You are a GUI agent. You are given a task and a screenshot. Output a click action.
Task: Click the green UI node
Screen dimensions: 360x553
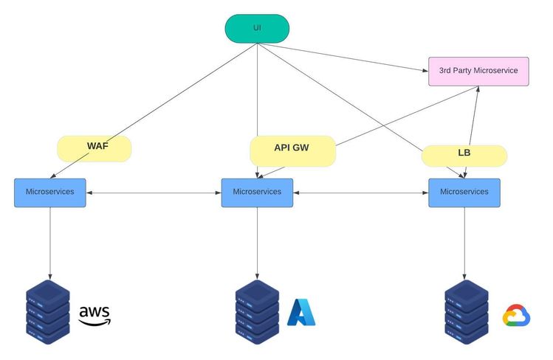[x=257, y=29]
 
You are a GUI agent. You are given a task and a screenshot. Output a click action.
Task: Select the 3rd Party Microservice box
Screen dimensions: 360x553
[x=478, y=71]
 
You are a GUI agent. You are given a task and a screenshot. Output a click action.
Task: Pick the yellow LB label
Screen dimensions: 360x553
[x=464, y=155]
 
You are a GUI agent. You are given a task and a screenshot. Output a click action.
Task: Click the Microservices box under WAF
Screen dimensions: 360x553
[x=50, y=192]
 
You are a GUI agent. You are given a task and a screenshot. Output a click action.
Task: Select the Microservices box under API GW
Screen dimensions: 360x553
[x=257, y=192]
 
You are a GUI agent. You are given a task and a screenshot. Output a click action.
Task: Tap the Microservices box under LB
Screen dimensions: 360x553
[x=464, y=192]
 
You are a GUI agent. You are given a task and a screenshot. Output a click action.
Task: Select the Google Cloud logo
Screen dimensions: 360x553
[x=517, y=316]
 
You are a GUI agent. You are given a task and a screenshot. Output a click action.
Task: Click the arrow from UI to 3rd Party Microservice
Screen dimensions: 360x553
[x=343, y=58]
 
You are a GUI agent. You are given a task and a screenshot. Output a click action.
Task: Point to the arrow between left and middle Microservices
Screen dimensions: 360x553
[x=154, y=193]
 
